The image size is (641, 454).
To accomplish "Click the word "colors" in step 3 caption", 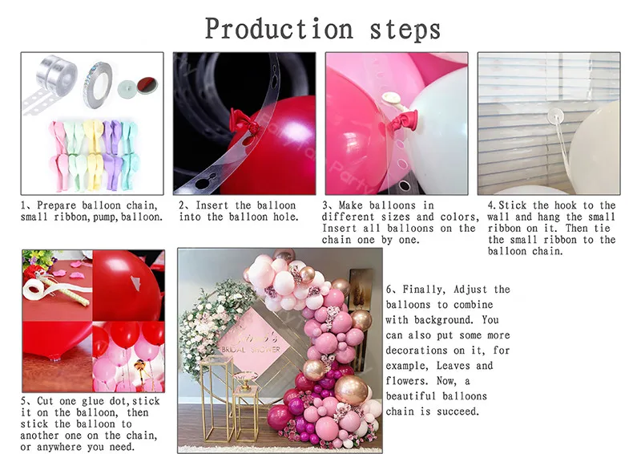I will coord(460,217).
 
